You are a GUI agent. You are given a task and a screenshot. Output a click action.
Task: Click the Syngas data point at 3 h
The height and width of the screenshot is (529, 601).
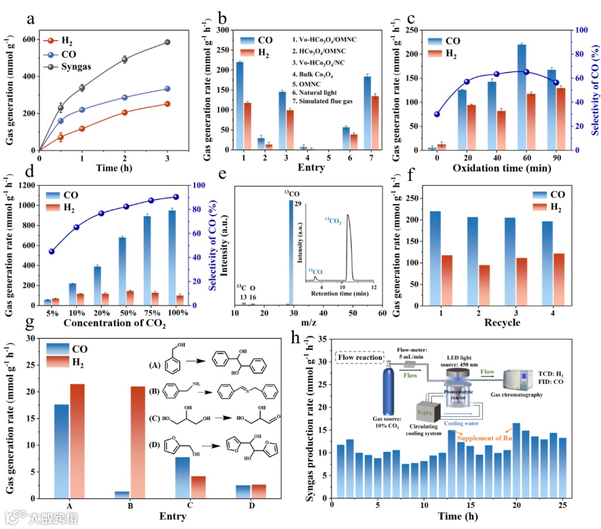click(x=167, y=42)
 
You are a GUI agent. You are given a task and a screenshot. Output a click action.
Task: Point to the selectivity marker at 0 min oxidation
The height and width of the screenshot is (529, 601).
click(x=437, y=114)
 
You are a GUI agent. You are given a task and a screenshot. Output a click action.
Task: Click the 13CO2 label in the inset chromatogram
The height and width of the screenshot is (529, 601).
click(x=333, y=221)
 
